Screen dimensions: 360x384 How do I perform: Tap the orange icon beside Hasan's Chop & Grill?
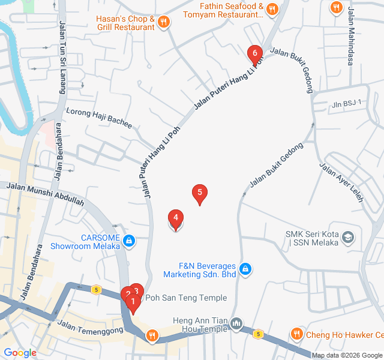164,23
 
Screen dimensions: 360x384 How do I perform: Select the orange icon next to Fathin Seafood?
272,8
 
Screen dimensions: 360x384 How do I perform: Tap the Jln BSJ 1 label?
347,104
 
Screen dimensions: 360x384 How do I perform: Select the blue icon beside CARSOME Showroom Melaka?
128,241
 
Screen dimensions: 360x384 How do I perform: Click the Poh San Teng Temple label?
187,298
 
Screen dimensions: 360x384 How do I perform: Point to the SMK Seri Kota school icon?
347,238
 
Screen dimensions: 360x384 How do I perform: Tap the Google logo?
20,353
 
